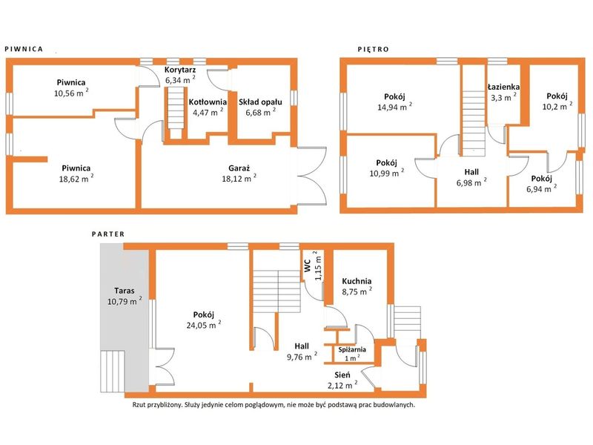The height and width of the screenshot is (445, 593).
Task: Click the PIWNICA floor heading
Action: coord(24,49)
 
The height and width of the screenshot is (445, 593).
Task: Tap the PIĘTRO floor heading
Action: coord(374,49)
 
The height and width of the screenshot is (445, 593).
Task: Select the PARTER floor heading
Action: coord(108,234)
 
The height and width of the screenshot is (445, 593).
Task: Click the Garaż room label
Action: coord(239,168)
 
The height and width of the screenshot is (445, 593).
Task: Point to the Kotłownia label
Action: coord(208,102)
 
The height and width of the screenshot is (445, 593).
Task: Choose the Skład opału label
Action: coord(260,102)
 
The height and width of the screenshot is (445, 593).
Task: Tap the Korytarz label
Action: coord(180,70)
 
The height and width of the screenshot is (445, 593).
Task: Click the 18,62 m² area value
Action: coord(76,178)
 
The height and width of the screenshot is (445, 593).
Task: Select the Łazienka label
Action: coord(503,87)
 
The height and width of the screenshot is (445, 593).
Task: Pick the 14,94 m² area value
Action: coord(394,106)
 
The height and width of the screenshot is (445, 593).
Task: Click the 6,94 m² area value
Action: coord(542,188)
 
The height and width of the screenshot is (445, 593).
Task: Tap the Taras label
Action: coord(125,291)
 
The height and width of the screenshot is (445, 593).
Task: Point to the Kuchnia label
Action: coord(357,281)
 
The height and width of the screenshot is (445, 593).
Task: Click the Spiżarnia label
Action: coord(352,349)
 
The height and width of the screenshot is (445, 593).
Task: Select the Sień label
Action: coord(342,375)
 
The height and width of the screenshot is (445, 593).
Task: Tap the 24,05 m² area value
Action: coord(203,324)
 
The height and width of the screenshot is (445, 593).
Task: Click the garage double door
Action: coord(311,176)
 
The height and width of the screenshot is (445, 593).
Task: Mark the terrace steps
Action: coord(113,371)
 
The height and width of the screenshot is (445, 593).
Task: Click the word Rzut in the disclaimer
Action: coord(139,405)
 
